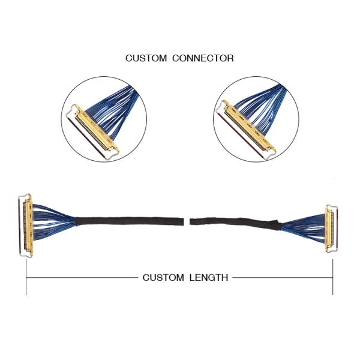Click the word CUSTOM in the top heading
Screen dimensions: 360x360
tap(146, 58)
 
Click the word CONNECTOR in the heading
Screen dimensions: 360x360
tap(203, 58)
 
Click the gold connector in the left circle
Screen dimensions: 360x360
tap(96, 129)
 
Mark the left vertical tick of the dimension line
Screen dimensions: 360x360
tap(26, 278)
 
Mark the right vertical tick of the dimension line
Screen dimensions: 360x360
tap(333, 278)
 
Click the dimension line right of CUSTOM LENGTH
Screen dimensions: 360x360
tap(282, 278)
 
